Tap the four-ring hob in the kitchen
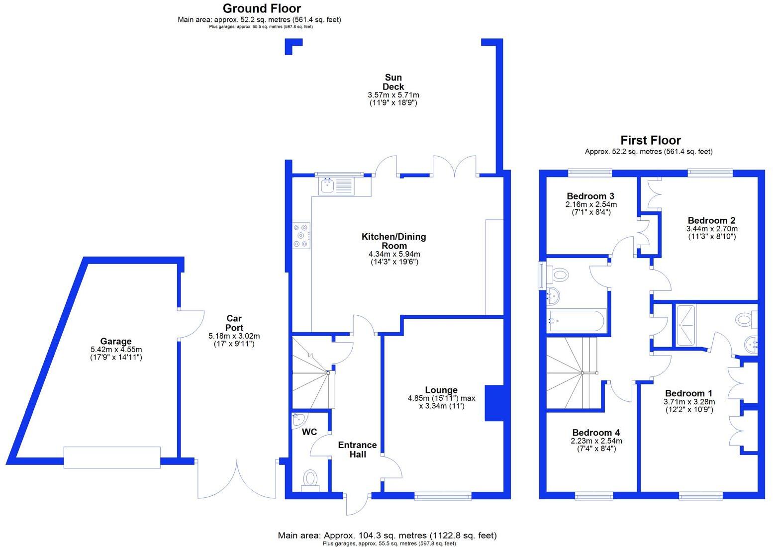(301, 236)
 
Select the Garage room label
(116, 341)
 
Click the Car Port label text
(234, 323)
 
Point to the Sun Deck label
(393, 82)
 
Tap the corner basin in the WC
(298, 419)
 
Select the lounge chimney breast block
(494, 403)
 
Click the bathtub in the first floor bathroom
(577, 320)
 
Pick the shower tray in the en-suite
(686, 325)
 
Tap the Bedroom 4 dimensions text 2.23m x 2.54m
(596, 441)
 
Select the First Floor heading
(650, 140)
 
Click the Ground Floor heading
(262, 8)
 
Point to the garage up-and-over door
(112, 457)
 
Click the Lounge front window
(443, 495)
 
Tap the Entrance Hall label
(357, 450)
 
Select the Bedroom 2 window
(710, 172)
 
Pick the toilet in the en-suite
(745, 319)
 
